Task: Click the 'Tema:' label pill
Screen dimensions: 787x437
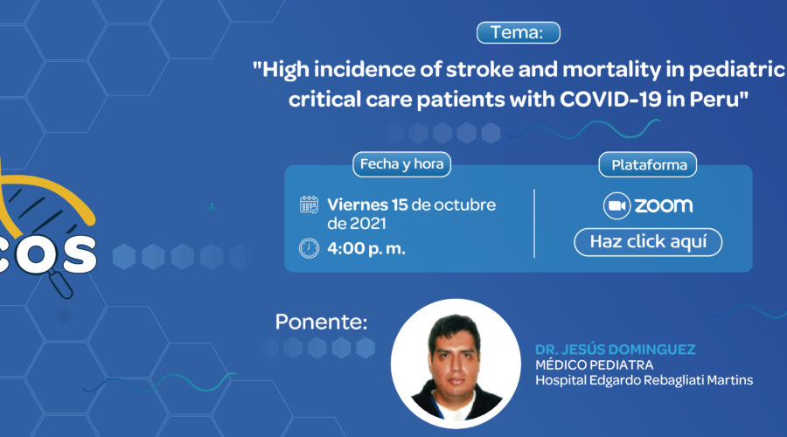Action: pyautogui.click(x=518, y=32)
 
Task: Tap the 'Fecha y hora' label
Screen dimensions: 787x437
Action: pyautogui.click(x=401, y=164)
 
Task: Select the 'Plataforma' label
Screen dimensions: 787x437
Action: pyautogui.click(x=648, y=164)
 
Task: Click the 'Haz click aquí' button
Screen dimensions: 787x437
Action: pyautogui.click(x=648, y=242)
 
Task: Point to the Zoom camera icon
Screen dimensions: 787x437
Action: pyautogui.click(x=616, y=205)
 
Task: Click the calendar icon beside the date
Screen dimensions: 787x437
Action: pyautogui.click(x=310, y=205)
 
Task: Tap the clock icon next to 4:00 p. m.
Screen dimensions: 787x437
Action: pyautogui.click(x=310, y=248)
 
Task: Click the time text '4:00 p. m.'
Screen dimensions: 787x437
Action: pyautogui.click(x=366, y=248)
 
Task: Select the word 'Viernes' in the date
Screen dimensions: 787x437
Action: pyautogui.click(x=358, y=205)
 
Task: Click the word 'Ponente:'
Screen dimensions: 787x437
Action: pyautogui.click(x=321, y=323)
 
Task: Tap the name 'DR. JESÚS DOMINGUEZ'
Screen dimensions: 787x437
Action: pyautogui.click(x=616, y=350)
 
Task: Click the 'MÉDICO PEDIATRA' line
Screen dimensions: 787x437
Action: pyautogui.click(x=595, y=364)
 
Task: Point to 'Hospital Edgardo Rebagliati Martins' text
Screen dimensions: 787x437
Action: pyautogui.click(x=644, y=380)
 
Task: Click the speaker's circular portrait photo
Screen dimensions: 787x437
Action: pyautogui.click(x=456, y=364)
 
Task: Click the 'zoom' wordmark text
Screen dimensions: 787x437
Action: pyautogui.click(x=664, y=205)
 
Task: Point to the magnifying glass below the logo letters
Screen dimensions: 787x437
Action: pyautogui.click(x=60, y=283)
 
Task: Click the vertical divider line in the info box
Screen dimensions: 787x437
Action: pyautogui.click(x=534, y=223)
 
